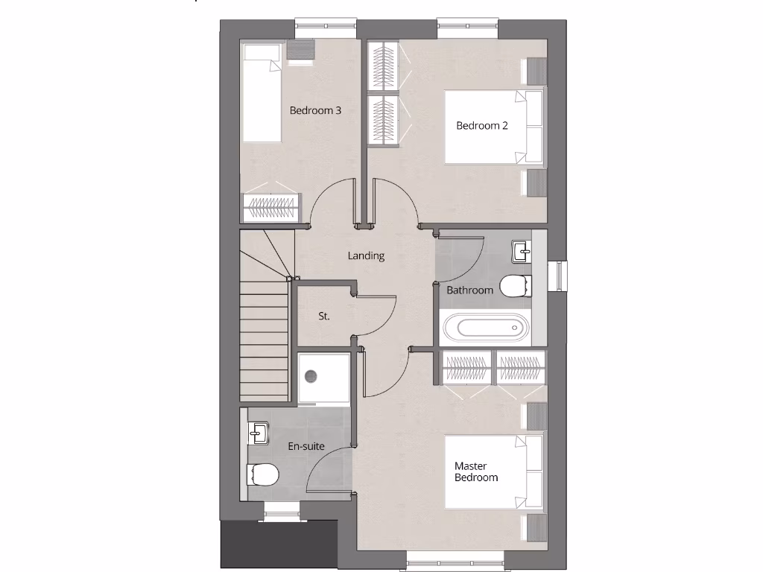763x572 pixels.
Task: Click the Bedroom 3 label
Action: point(315,110)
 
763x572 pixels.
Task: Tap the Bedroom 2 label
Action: point(482,125)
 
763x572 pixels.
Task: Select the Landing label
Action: point(366,255)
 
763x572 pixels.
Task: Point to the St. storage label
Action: point(323,316)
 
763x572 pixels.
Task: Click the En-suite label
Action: point(305,447)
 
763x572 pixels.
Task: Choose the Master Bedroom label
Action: point(476,471)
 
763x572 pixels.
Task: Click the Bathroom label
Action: point(469,290)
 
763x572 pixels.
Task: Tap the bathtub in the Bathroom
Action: point(484,328)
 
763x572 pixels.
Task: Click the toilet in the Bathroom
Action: point(516,286)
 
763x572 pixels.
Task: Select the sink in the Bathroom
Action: point(521,252)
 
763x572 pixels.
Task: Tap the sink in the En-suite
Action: point(258,432)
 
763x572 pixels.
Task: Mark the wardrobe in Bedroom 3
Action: point(272,207)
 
